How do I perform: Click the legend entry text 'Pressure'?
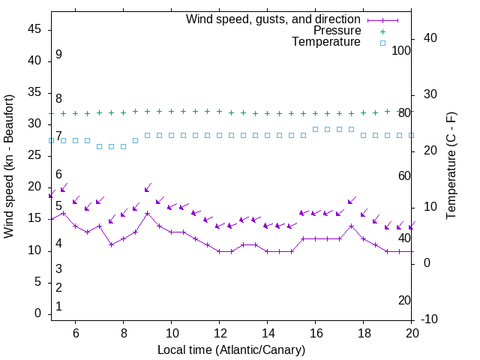click(x=337, y=31)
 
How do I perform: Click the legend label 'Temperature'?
click(x=326, y=42)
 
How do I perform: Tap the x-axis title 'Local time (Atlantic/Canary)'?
click(x=231, y=349)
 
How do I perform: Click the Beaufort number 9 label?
click(x=58, y=55)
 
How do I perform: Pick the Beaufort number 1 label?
click(x=58, y=307)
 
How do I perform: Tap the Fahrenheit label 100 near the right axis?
click(x=402, y=50)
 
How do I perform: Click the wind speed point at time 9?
click(x=147, y=213)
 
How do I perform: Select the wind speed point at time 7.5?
click(x=111, y=244)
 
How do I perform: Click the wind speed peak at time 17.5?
click(x=351, y=226)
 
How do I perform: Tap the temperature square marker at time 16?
click(x=315, y=129)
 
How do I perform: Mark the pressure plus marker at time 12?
click(x=219, y=111)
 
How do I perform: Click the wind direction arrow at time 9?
click(x=148, y=187)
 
